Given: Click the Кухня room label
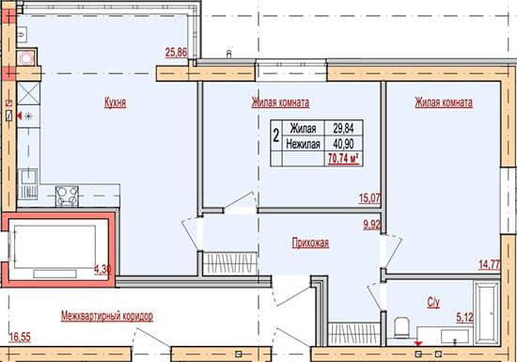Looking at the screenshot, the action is coord(115,102).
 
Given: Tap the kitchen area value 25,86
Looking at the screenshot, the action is coord(177,53).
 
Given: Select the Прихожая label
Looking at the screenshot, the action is coord(310,243).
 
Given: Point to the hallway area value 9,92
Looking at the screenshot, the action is coord(372,225).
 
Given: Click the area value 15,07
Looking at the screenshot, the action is coord(369,198).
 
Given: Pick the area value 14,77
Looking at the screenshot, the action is coord(490,264).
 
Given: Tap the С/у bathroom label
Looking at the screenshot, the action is coord(433,303).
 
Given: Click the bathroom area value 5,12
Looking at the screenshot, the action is coord(465,318).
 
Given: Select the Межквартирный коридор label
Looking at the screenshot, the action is coord(107,316).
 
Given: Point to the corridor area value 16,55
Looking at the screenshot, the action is coord(20,338).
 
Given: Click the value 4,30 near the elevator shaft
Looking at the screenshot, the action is coord(102,269).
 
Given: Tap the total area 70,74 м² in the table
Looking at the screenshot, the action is coord(343,159).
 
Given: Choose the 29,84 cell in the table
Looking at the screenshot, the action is coord(343,128).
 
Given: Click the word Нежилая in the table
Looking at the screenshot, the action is coord(303,144).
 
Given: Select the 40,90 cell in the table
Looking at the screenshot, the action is coord(343,144).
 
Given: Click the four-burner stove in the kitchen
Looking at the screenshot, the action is coord(67,197).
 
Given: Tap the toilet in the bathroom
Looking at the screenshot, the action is coord(401,327).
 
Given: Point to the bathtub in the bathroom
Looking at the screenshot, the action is coord(487,312).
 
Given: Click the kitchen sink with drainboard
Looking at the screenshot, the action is coord(27,184).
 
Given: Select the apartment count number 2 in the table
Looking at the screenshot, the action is coord(276,135).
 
